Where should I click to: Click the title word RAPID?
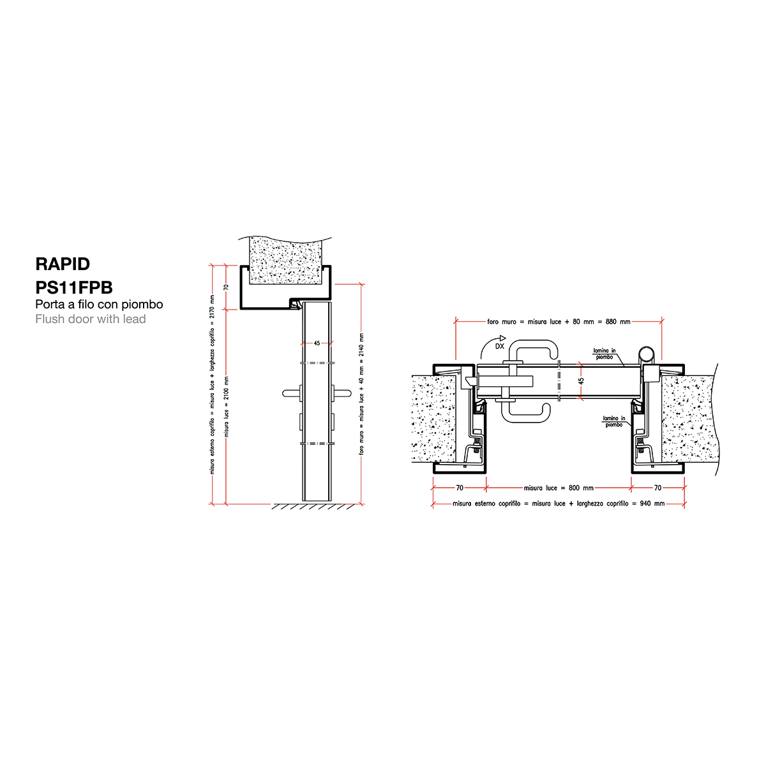tap(63, 264)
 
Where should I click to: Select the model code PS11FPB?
tap(74, 287)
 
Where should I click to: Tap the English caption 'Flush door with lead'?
tap(91, 319)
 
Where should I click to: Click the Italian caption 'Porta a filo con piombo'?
tap(99, 304)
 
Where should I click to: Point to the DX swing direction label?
tap(499, 346)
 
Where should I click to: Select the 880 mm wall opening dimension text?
tap(559, 322)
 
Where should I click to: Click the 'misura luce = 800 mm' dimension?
tap(559, 488)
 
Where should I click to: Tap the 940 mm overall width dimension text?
tap(559, 504)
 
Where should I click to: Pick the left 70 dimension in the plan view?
tap(460, 488)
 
